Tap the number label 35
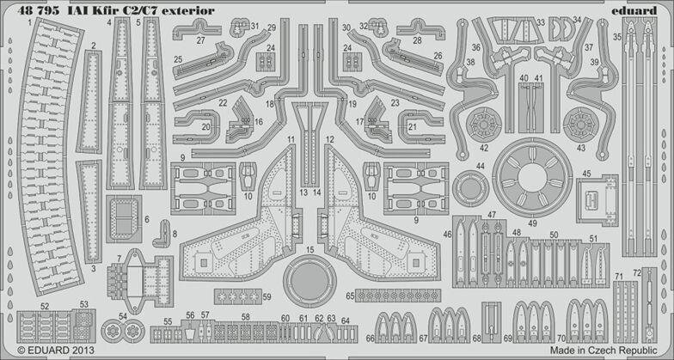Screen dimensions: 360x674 tap(616, 38)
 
